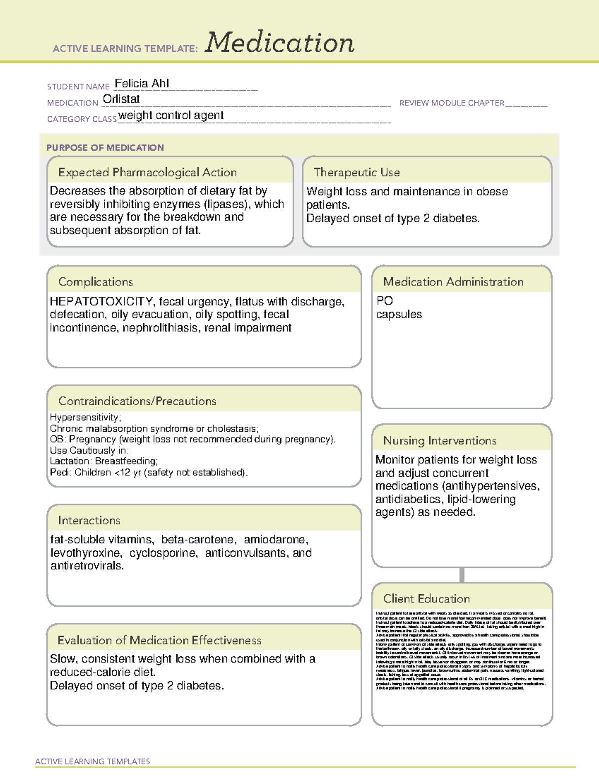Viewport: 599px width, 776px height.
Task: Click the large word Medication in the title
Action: pos(280,43)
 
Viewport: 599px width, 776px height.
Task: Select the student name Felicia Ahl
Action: pos(142,83)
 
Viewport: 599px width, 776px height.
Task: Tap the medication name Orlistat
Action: pos(121,99)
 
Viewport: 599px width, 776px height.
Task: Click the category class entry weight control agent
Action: pos(171,116)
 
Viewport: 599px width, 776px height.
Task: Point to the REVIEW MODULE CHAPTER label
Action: pos(452,103)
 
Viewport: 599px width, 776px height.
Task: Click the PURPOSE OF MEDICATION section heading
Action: pos(105,148)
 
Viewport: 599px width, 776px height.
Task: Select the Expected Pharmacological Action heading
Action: pos(147,172)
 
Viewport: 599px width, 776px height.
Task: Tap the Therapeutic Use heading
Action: pos(357,172)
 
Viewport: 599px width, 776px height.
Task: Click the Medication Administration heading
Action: pos(453,282)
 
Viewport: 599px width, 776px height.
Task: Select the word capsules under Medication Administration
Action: pos(399,315)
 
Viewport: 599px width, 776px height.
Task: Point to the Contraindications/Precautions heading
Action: pos(137,401)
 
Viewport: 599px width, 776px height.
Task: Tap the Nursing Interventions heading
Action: pos(440,441)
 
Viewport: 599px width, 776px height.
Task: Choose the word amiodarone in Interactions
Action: pos(276,540)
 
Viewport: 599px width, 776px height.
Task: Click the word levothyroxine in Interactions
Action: pos(86,553)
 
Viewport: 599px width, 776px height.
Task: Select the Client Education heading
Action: pos(426,599)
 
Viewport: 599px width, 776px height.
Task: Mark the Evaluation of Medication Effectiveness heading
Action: pos(159,640)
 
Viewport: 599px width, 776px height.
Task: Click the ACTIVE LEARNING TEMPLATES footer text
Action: pos(93,761)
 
